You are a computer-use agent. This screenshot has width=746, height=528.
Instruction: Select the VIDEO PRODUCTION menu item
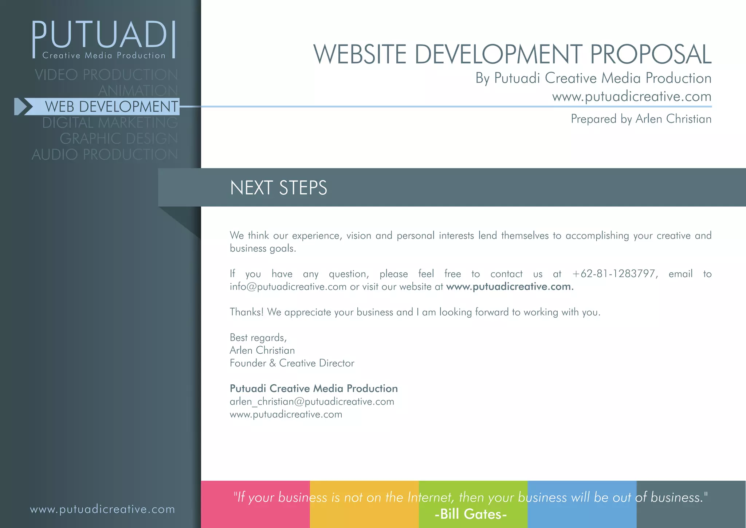tap(106, 75)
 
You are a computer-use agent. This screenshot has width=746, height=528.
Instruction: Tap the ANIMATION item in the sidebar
tap(138, 90)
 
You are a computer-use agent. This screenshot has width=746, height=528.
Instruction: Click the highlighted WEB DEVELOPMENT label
tap(111, 106)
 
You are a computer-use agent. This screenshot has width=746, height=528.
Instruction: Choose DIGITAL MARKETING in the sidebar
tap(110, 123)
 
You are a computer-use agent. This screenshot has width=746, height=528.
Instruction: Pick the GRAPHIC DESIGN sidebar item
tap(119, 139)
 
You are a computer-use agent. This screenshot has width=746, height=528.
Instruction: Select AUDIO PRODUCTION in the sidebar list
tap(105, 155)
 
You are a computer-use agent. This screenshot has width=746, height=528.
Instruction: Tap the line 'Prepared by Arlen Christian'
tap(641, 119)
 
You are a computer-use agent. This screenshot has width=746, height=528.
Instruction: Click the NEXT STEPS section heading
tap(278, 188)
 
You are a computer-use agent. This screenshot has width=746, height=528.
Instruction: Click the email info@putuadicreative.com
tap(288, 287)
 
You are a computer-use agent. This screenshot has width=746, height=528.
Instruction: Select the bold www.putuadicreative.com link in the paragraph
tap(510, 287)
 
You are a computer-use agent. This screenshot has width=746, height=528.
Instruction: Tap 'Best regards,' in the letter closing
tap(258, 338)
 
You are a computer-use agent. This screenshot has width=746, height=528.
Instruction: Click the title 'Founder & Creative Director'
tap(292, 363)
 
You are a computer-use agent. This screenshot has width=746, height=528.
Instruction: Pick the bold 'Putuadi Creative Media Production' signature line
tap(314, 388)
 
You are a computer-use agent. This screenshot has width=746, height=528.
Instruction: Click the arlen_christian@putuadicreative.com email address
tap(312, 401)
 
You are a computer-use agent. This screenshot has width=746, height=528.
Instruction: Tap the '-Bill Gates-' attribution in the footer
tap(471, 514)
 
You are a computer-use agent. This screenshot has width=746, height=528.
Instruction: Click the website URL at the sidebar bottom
tap(102, 509)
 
